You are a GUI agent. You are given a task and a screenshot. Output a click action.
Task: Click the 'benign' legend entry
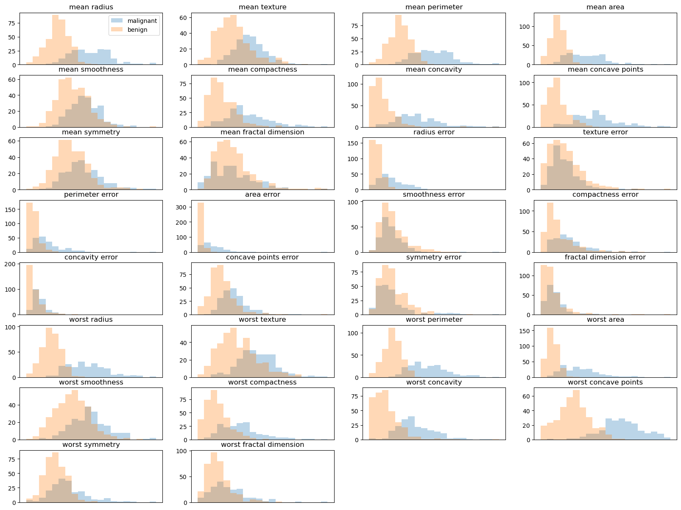(x=137, y=30)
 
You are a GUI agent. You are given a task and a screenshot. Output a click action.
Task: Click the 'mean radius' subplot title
(x=91, y=7)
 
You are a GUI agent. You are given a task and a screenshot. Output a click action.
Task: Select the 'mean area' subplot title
(x=605, y=7)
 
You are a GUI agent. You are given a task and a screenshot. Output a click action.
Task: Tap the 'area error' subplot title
(x=262, y=195)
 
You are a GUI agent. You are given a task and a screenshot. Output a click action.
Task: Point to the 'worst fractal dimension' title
(x=262, y=445)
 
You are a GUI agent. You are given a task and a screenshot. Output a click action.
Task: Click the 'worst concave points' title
(x=605, y=382)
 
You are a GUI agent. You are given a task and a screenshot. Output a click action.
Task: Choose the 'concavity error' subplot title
(x=91, y=257)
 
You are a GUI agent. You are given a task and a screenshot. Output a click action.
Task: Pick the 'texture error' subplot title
(x=605, y=132)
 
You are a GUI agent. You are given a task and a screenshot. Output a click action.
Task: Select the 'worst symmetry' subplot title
(x=91, y=445)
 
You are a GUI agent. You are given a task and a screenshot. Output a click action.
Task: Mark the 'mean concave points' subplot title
(x=605, y=70)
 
